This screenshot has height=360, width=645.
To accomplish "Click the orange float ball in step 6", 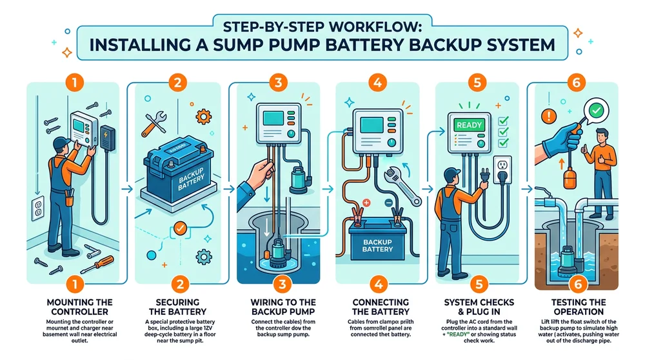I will click(569, 178).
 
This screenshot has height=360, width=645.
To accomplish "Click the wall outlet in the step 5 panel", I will click(502, 167).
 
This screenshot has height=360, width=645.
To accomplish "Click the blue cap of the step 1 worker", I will click(60, 141).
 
